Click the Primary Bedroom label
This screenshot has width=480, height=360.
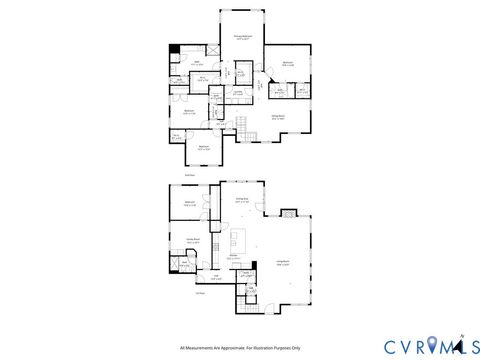242,37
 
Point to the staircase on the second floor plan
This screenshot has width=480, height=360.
239,124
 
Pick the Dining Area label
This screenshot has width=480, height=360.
241,200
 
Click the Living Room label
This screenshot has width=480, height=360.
283,264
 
